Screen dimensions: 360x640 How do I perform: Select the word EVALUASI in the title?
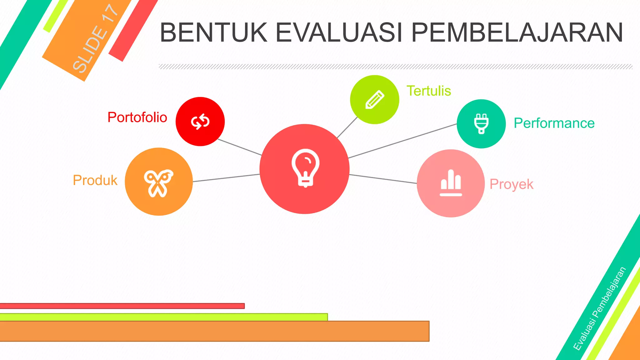click(339, 32)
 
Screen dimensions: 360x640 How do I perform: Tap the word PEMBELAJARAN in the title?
click(517, 32)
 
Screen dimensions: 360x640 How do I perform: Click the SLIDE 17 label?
click(95, 39)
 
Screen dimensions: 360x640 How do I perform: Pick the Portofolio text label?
click(137, 117)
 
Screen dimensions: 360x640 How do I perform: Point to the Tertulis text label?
click(428, 91)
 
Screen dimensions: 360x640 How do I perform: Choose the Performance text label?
click(554, 123)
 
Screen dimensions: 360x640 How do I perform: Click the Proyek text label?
click(511, 184)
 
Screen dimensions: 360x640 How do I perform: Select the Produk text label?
click(95, 180)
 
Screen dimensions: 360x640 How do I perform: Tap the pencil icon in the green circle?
click(375, 100)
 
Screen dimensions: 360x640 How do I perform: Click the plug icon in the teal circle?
click(481, 124)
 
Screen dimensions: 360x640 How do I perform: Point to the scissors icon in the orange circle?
click(158, 183)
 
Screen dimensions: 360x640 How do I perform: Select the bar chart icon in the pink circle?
click(451, 183)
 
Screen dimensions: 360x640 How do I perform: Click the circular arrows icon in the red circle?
click(200, 122)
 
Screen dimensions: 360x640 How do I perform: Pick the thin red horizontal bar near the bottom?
click(122, 306)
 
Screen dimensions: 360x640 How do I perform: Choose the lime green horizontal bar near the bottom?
click(162, 317)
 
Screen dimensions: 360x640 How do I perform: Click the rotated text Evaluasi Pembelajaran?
click(600, 308)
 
